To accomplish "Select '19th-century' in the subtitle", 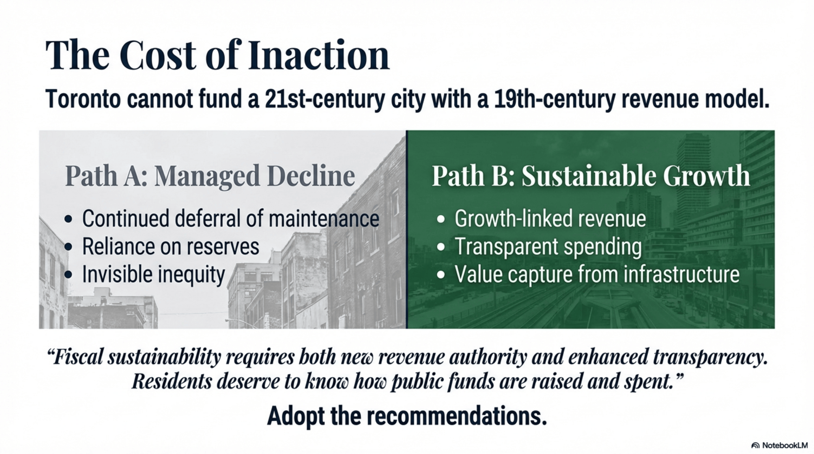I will click(x=554, y=99).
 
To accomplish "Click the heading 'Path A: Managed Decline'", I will click(x=210, y=176).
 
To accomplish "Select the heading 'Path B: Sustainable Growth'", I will click(x=591, y=176).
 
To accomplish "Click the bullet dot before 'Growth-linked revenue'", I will click(x=441, y=219).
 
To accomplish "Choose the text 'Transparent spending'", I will click(x=548, y=246).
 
